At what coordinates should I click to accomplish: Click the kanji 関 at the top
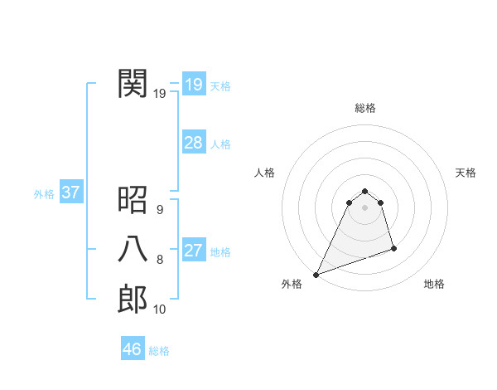[x=133, y=83]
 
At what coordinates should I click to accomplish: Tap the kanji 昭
[x=133, y=199]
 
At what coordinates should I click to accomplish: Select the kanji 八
[x=133, y=249]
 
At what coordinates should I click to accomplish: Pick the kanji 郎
[x=133, y=299]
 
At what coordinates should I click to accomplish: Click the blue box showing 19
[x=193, y=84]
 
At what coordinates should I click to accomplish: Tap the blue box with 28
[x=193, y=143]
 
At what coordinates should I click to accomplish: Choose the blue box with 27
[x=193, y=251]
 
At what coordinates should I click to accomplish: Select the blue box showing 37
[x=70, y=193]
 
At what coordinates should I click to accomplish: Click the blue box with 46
[x=132, y=349]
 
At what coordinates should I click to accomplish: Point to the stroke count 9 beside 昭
[x=159, y=210]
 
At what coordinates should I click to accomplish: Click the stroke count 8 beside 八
[x=159, y=260]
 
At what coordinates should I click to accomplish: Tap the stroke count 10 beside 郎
[x=159, y=310]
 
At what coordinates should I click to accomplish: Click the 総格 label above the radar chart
[x=365, y=108]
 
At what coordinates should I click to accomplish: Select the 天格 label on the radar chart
[x=466, y=173]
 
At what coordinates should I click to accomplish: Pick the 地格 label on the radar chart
[x=434, y=284]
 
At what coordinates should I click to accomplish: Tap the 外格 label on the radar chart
[x=292, y=284]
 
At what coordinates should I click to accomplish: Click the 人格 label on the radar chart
[x=264, y=173]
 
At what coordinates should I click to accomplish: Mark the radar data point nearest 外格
[x=316, y=275]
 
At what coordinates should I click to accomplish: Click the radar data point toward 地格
[x=393, y=248]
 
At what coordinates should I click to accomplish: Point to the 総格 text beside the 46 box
[x=159, y=351]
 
